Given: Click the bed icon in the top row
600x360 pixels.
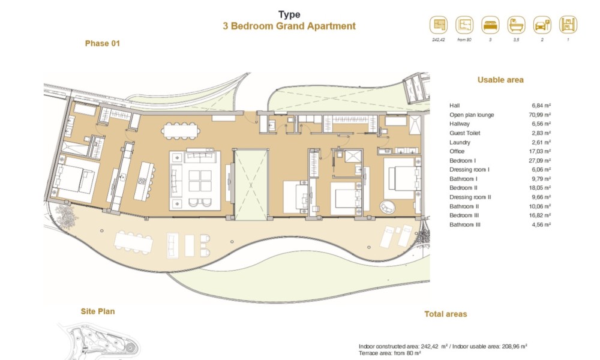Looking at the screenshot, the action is pyautogui.click(x=490, y=25).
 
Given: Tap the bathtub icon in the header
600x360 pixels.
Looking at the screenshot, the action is pyautogui.click(x=516, y=25).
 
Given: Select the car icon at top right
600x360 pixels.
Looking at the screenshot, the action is pyautogui.click(x=542, y=25).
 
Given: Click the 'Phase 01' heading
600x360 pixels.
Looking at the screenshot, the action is pyautogui.click(x=103, y=44).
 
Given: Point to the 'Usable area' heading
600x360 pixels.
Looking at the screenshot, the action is pyautogui.click(x=500, y=80).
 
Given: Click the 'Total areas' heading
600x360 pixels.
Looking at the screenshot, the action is pyautogui.click(x=446, y=314).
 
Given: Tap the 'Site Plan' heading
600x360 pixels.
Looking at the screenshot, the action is pyautogui.click(x=98, y=311).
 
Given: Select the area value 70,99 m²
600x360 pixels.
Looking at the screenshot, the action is pyautogui.click(x=540, y=115).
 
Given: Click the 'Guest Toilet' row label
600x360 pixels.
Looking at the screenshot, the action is pyautogui.click(x=465, y=133).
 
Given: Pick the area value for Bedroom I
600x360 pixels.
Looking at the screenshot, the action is pyautogui.click(x=540, y=161).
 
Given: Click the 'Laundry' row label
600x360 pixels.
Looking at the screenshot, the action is pyautogui.click(x=460, y=142).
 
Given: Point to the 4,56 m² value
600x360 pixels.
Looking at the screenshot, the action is pyautogui.click(x=541, y=224).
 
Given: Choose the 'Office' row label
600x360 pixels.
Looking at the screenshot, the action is pyautogui.click(x=457, y=151).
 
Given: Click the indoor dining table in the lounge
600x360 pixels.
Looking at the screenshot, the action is pyautogui.click(x=181, y=131).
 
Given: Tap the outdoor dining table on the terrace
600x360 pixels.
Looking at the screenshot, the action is pyautogui.click(x=134, y=242).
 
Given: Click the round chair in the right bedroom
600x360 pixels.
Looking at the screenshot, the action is pyautogui.click(x=387, y=207).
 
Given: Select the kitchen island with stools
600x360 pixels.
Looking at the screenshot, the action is pyautogui.click(x=144, y=181).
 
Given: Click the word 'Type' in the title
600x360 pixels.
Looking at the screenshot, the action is pyautogui.click(x=289, y=15).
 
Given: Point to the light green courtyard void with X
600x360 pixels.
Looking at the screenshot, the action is pyautogui.click(x=251, y=184).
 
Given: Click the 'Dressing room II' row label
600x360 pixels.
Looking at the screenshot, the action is pyautogui.click(x=470, y=197).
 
